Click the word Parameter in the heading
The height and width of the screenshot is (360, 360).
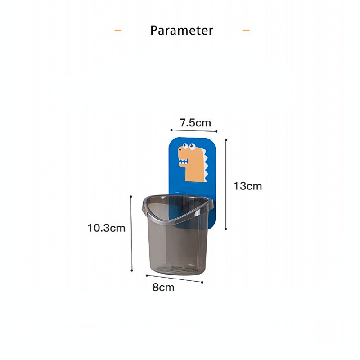(x=181, y=31)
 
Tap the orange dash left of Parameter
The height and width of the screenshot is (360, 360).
(x=118, y=31)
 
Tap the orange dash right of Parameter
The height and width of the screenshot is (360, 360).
(x=246, y=31)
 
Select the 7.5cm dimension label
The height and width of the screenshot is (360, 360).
(x=195, y=122)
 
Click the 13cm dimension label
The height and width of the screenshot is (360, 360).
(x=247, y=186)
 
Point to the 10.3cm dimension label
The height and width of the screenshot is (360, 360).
(x=106, y=228)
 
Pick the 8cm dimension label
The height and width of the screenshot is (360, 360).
(x=163, y=287)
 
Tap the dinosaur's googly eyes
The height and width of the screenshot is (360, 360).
(x=188, y=146)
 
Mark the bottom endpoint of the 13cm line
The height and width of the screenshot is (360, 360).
(x=225, y=229)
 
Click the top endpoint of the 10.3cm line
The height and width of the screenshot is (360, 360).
(x=131, y=196)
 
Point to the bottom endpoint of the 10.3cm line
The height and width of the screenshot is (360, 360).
(x=131, y=271)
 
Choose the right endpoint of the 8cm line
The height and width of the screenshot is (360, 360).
(x=202, y=282)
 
